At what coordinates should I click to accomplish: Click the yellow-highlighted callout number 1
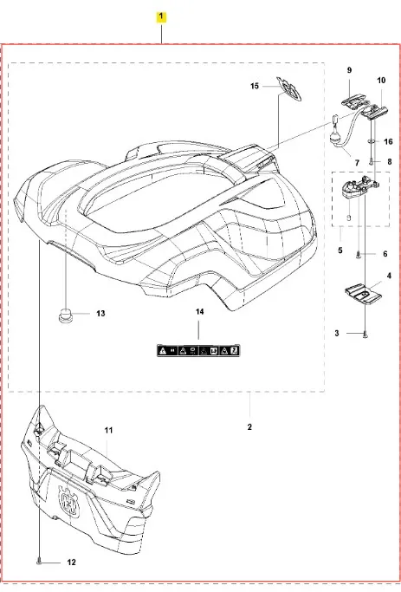[161, 17]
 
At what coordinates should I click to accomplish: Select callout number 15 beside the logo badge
[255, 86]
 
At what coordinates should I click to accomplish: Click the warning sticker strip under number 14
[198, 351]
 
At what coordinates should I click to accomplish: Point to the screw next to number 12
[39, 563]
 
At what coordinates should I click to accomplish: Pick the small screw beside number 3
[365, 334]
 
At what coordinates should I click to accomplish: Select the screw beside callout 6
[358, 255]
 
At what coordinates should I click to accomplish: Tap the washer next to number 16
[372, 141]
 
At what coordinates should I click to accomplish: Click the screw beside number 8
[372, 161]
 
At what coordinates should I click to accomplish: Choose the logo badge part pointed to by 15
[289, 89]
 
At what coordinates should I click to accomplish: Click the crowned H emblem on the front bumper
[69, 499]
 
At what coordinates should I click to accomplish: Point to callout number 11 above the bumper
[108, 430]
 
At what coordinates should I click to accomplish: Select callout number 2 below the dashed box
[249, 427]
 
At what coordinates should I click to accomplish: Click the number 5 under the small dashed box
[340, 250]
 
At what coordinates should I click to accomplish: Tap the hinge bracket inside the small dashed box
[360, 187]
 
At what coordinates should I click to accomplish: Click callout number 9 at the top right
[349, 70]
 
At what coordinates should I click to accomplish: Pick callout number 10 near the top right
[381, 80]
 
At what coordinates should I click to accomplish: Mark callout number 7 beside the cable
[357, 163]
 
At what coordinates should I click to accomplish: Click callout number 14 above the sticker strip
[199, 311]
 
